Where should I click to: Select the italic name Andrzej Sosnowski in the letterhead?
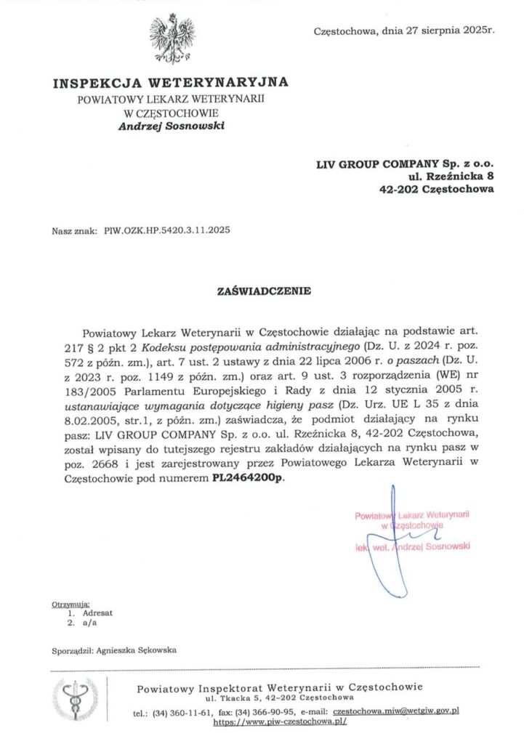[x=172, y=126]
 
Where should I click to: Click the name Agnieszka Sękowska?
[x=134, y=650]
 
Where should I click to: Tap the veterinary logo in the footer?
[x=74, y=700]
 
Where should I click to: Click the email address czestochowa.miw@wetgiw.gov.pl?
[x=396, y=712]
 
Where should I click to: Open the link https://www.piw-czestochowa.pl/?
[x=280, y=722]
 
